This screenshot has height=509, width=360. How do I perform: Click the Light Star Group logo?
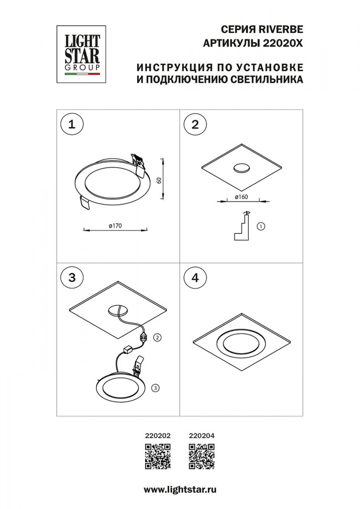[x=81, y=54]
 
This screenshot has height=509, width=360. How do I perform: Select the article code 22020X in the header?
[x=283, y=43]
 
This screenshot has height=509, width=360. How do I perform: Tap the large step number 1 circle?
[x=72, y=125]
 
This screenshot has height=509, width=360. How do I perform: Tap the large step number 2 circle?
[x=195, y=125]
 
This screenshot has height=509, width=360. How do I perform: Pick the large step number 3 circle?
[x=72, y=278]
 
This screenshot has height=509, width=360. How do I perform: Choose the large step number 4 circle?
[x=195, y=278]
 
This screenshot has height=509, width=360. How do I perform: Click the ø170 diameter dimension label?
[x=115, y=226]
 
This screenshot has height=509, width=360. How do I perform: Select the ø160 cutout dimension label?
[x=241, y=197]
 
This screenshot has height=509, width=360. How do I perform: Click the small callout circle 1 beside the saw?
[x=261, y=227]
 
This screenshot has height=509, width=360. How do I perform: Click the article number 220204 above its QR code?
[x=202, y=442]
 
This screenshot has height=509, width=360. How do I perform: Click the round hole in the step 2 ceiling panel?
[x=242, y=168]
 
